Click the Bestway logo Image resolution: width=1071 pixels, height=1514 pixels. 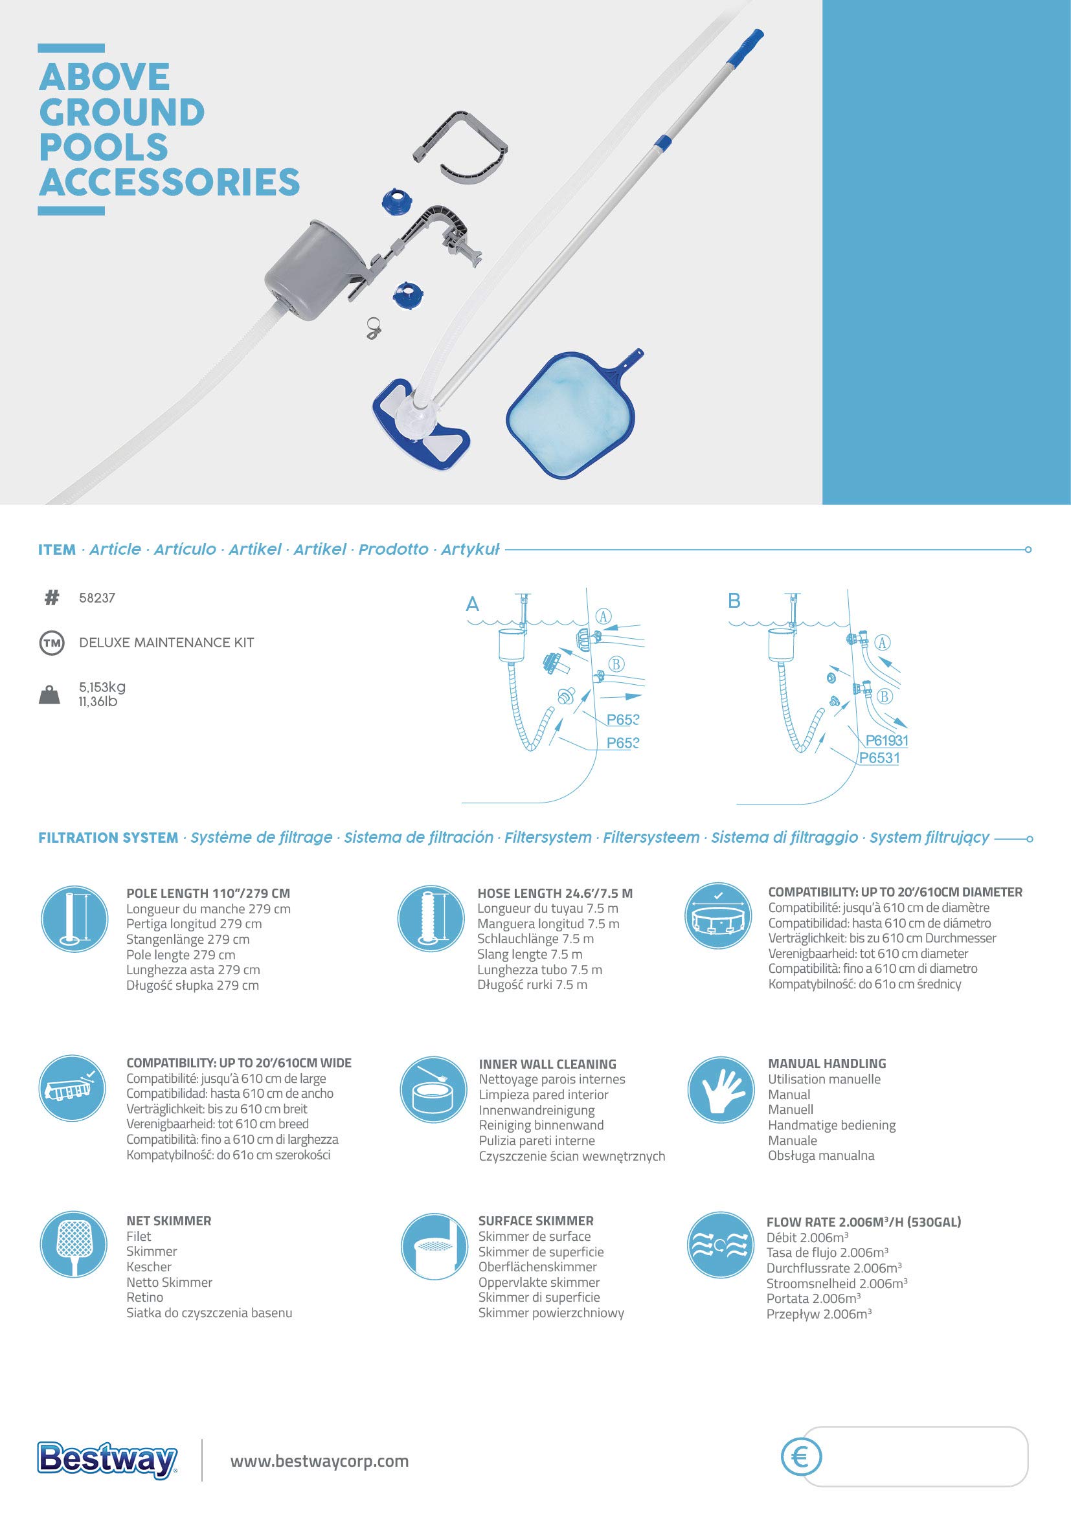pyautogui.click(x=107, y=1460)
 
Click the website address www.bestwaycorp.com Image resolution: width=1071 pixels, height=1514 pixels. pyautogui.click(x=319, y=1462)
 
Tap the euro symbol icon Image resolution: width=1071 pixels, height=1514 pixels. pyautogui.click(x=801, y=1456)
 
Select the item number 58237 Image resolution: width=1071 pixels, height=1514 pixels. pyautogui.click(x=97, y=598)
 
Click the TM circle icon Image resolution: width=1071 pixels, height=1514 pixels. pyautogui.click(x=52, y=643)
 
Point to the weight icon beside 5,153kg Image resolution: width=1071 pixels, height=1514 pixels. pyautogui.click(x=49, y=695)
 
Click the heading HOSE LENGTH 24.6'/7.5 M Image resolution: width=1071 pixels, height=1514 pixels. pyautogui.click(x=555, y=893)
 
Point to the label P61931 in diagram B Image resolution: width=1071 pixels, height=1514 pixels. pyautogui.click(x=887, y=740)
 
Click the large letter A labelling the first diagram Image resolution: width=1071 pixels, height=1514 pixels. pyautogui.click(x=472, y=604)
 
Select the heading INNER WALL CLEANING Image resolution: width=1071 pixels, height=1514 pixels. pyautogui.click(x=547, y=1064)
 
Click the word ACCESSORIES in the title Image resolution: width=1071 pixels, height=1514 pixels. pyautogui.click(x=170, y=182)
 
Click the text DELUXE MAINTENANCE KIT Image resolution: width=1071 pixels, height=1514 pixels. pyautogui.click(x=166, y=643)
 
